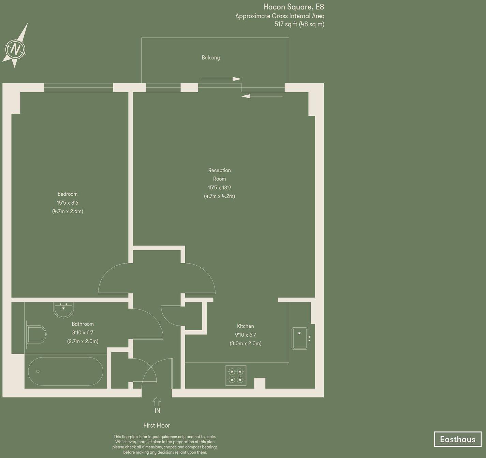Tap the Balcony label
pyautogui.click(x=211, y=58)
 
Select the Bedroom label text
pyautogui.click(x=68, y=194)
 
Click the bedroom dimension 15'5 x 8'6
pyautogui.click(x=68, y=203)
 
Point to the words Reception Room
pyautogui.click(x=219, y=174)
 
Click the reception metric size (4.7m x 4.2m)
pyautogui.click(x=219, y=196)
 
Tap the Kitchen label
pyautogui.click(x=245, y=326)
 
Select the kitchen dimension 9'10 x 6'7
pyautogui.click(x=245, y=335)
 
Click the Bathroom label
pyautogui.click(x=83, y=324)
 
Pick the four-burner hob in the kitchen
pyautogui.click(x=236, y=376)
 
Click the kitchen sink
pyautogui.click(x=300, y=338)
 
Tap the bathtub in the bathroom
pyautogui.click(x=65, y=371)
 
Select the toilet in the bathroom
pyautogui.click(x=37, y=334)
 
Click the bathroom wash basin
pyautogui.click(x=63, y=310)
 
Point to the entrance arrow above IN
pyautogui.click(x=157, y=402)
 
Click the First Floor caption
pyautogui.click(x=157, y=425)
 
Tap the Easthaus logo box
pyautogui.click(x=457, y=439)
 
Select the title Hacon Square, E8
pyautogui.click(x=293, y=7)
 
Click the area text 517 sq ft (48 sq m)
pyautogui.click(x=299, y=24)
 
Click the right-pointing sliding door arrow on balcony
pyautogui.click(x=221, y=79)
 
